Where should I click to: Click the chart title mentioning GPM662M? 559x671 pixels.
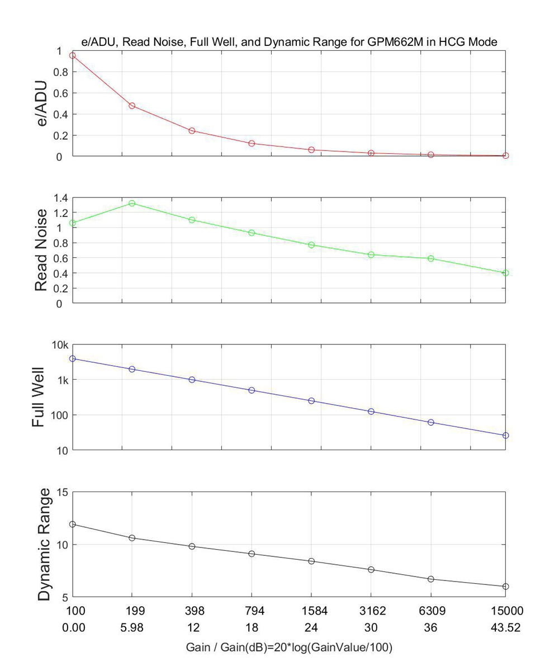[x=290, y=41]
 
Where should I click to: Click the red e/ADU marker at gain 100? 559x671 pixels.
[x=72, y=55]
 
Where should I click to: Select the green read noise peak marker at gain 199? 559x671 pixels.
[x=132, y=203]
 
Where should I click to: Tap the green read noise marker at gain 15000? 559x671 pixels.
[x=506, y=273]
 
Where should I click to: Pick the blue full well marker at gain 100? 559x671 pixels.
[x=72, y=358]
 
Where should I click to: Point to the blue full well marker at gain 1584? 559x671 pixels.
[x=311, y=401]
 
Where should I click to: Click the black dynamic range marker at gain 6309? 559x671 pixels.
[x=431, y=579]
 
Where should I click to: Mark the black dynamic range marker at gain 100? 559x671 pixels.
[x=72, y=524]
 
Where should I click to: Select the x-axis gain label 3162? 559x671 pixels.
[x=371, y=611]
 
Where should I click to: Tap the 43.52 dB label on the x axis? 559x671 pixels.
[x=506, y=628]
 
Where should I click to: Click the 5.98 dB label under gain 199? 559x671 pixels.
[x=132, y=628]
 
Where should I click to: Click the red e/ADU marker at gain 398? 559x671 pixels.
[x=192, y=130]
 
